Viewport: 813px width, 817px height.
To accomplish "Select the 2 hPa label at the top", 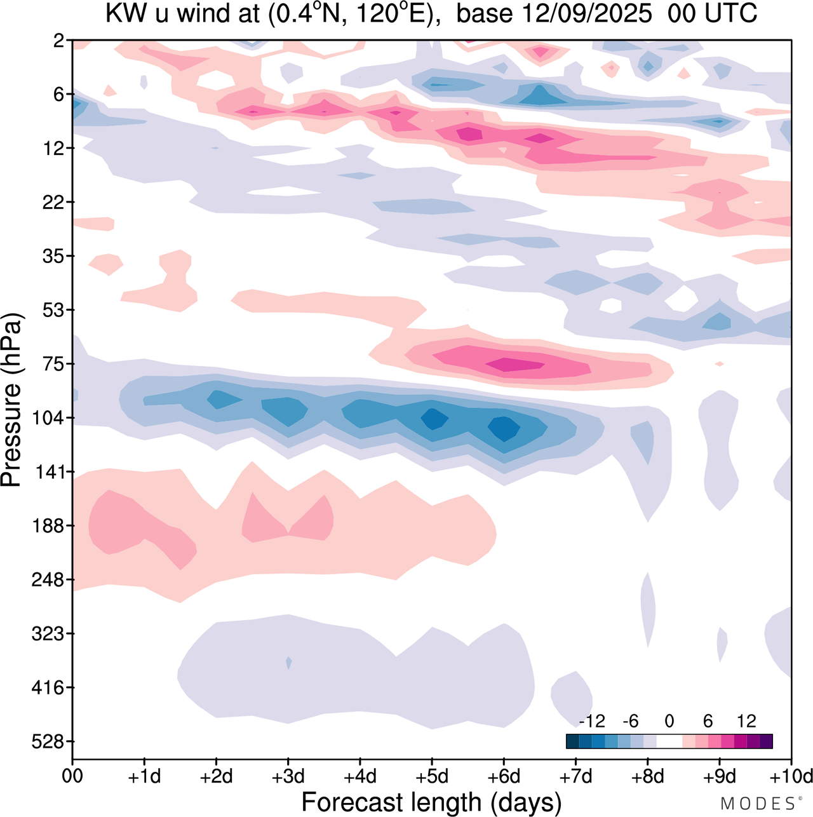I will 59,41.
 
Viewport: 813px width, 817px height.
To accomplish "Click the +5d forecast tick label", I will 432,776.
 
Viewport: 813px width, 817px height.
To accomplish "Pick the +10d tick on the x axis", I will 791,776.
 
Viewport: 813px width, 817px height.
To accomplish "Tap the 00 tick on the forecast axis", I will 72,776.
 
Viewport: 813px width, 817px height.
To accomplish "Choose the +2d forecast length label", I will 216,776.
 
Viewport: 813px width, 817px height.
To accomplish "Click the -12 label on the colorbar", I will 592,721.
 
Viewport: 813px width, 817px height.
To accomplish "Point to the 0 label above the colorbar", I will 669,721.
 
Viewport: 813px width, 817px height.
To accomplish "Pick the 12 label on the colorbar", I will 746,721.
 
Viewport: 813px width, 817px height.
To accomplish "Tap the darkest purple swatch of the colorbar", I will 766,741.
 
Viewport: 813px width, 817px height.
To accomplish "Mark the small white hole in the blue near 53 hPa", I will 611,305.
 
